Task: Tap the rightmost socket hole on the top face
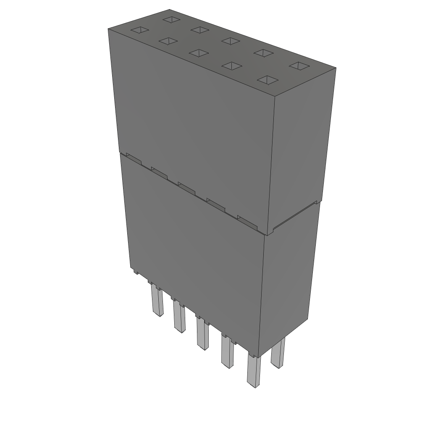(x=299, y=66)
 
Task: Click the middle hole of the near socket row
(x=199, y=53)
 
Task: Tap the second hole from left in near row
(x=167, y=41)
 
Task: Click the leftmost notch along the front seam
(x=134, y=159)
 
